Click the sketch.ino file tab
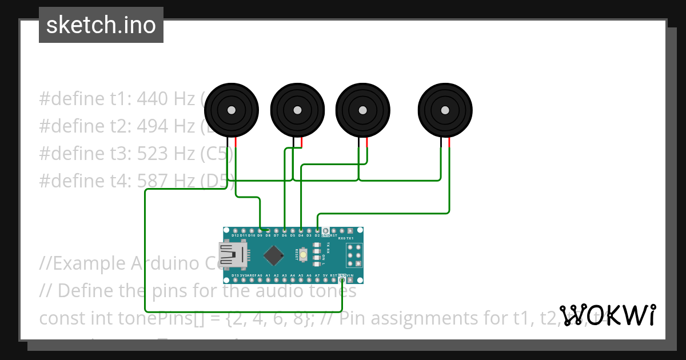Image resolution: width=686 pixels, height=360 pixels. tap(101, 25)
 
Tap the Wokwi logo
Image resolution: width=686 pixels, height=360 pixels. tap(608, 315)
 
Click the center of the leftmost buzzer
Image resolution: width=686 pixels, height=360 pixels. tap(231, 110)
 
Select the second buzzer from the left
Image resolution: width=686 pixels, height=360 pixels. tap(297, 110)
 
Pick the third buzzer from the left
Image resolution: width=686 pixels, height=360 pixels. tap(362, 110)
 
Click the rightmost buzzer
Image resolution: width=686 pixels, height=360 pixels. tap(445, 110)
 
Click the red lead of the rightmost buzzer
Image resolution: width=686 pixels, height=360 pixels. tap(449, 143)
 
